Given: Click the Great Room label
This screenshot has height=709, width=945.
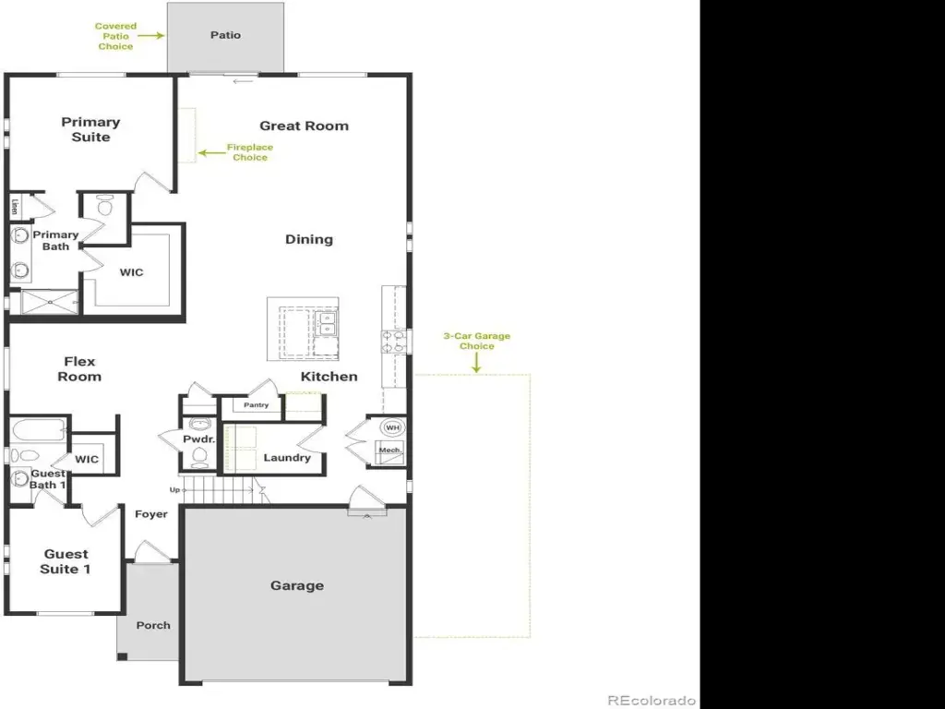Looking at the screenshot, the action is [305, 126].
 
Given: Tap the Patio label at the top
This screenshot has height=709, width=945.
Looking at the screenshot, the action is [225, 35].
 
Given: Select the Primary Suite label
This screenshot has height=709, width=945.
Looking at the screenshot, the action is [91, 129].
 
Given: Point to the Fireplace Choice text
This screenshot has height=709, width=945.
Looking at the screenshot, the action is [250, 152].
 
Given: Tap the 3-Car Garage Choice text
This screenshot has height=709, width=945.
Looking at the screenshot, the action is [477, 341].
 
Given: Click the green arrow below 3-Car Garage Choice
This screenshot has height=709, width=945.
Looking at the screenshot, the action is [476, 363].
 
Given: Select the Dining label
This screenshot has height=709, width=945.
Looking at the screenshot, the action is [309, 239].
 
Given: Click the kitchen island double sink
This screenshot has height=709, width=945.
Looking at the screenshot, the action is [326, 324].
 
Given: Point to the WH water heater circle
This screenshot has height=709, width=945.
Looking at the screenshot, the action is [393, 427].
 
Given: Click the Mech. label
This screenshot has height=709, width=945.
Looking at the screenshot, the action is [390, 450].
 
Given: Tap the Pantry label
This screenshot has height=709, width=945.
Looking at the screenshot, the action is [257, 405].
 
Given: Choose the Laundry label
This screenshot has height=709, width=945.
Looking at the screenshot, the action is [287, 458].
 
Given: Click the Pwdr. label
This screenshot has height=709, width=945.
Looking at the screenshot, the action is [199, 439].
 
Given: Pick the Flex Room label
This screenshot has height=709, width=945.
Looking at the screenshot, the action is [79, 369].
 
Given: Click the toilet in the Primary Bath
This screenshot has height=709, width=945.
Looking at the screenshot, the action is [105, 208].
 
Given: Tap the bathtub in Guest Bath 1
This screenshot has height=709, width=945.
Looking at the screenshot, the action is [37, 430].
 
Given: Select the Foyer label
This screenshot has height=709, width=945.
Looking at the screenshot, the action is [151, 514].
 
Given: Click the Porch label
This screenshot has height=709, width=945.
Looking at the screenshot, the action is [153, 625].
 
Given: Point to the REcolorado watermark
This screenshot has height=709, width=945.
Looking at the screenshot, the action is [651, 701].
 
